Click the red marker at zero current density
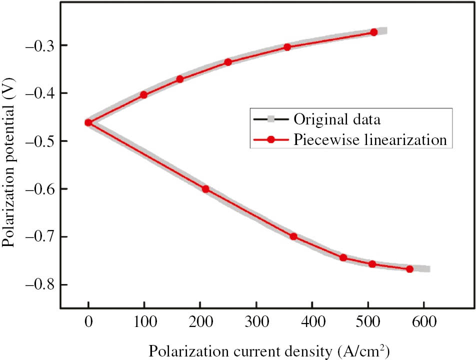pos(88,122)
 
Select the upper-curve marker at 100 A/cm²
pos(144,94)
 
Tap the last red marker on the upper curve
pos(374,32)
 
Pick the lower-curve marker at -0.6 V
pos(205,188)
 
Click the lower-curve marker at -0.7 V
pos(293,236)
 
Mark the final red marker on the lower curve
pos(409,269)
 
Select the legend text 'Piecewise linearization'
pos(369,139)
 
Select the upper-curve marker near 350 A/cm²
pos(287,47)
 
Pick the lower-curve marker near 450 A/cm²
pos(343,257)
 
